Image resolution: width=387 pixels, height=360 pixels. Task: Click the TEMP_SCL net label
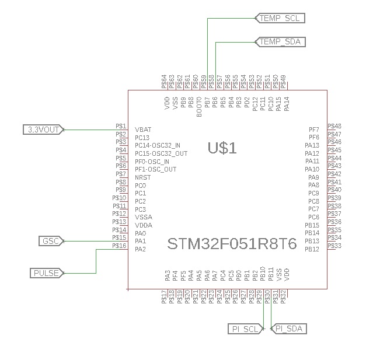pyautogui.click(x=280, y=18)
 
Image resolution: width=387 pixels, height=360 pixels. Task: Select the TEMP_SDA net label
pyautogui.click(x=280, y=41)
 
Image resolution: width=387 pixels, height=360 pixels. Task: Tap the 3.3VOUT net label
pyautogui.click(x=43, y=130)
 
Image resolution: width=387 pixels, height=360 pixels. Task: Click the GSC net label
pyautogui.click(x=50, y=241)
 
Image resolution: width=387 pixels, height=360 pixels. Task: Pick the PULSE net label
pyautogui.click(x=47, y=272)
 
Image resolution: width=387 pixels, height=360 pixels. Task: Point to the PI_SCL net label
pyautogui.click(x=245, y=329)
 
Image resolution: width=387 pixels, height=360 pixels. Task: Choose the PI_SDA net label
pyautogui.click(x=289, y=329)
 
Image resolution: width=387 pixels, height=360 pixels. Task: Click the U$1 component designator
pyautogui.click(x=222, y=148)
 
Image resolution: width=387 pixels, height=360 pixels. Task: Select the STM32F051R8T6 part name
pyautogui.click(x=232, y=243)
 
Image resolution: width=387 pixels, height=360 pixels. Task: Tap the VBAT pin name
pyautogui.click(x=143, y=130)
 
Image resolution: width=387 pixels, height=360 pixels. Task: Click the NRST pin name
pyautogui.click(x=143, y=177)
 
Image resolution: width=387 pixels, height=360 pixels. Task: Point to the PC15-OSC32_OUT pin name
pyautogui.click(x=161, y=153)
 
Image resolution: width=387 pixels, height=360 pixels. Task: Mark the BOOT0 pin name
pyautogui.click(x=199, y=107)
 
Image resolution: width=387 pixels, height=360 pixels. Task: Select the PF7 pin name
pyautogui.click(x=313, y=129)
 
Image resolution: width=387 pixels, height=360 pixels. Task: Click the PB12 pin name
pyautogui.click(x=312, y=249)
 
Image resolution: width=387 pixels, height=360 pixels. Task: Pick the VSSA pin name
pyautogui.click(x=143, y=217)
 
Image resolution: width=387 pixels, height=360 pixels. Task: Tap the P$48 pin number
pyautogui.click(x=335, y=126)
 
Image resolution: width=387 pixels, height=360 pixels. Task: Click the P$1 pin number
pyautogui.click(x=121, y=126)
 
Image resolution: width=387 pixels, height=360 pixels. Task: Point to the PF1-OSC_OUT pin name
pyautogui.click(x=155, y=169)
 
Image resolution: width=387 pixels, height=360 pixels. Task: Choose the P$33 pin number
pyautogui.click(x=335, y=246)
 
